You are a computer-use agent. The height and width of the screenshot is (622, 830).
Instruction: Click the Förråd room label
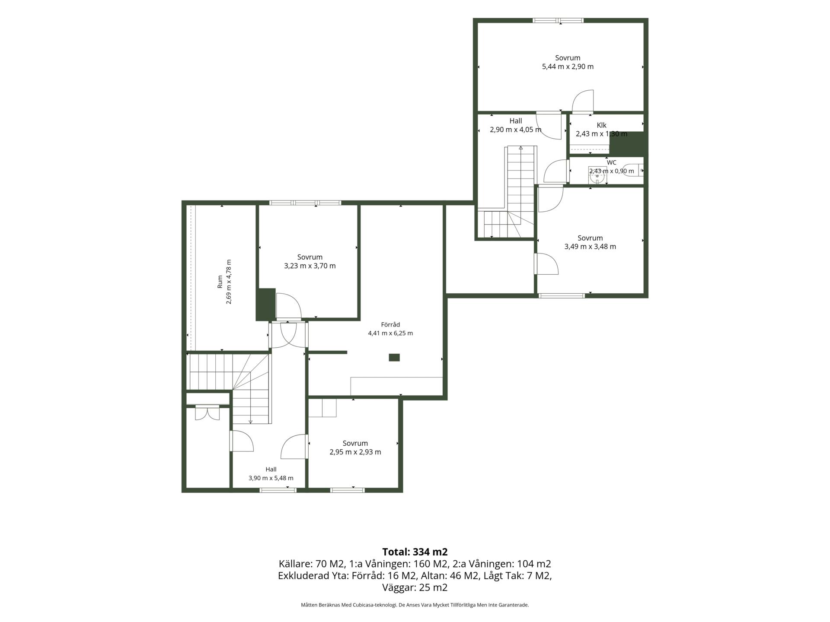[390, 324]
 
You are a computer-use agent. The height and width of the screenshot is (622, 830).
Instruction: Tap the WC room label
[611, 162]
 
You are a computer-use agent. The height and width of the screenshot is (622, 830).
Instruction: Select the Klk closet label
[601, 125]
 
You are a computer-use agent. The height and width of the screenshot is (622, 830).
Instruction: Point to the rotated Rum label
[220, 282]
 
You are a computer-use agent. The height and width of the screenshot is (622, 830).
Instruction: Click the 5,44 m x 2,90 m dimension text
[568, 67]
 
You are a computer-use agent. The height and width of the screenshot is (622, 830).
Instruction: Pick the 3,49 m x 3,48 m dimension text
[590, 247]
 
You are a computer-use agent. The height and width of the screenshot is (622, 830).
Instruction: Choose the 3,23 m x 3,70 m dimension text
[310, 266]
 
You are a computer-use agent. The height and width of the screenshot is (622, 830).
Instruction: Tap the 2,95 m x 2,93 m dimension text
[355, 452]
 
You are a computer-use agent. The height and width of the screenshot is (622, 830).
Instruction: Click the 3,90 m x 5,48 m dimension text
[271, 478]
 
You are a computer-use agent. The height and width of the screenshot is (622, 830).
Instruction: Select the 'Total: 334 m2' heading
[415, 552]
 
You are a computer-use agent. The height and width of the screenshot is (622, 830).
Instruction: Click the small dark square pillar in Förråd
[394, 357]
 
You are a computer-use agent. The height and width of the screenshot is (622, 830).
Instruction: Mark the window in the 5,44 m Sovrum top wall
[558, 20]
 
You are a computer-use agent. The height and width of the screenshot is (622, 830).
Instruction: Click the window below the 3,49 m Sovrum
[562, 295]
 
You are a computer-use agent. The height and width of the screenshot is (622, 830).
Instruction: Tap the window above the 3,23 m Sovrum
[305, 203]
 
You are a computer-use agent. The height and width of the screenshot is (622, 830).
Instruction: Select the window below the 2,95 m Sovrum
[347, 490]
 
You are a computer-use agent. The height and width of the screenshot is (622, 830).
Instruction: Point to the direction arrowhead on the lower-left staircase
[250, 422]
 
